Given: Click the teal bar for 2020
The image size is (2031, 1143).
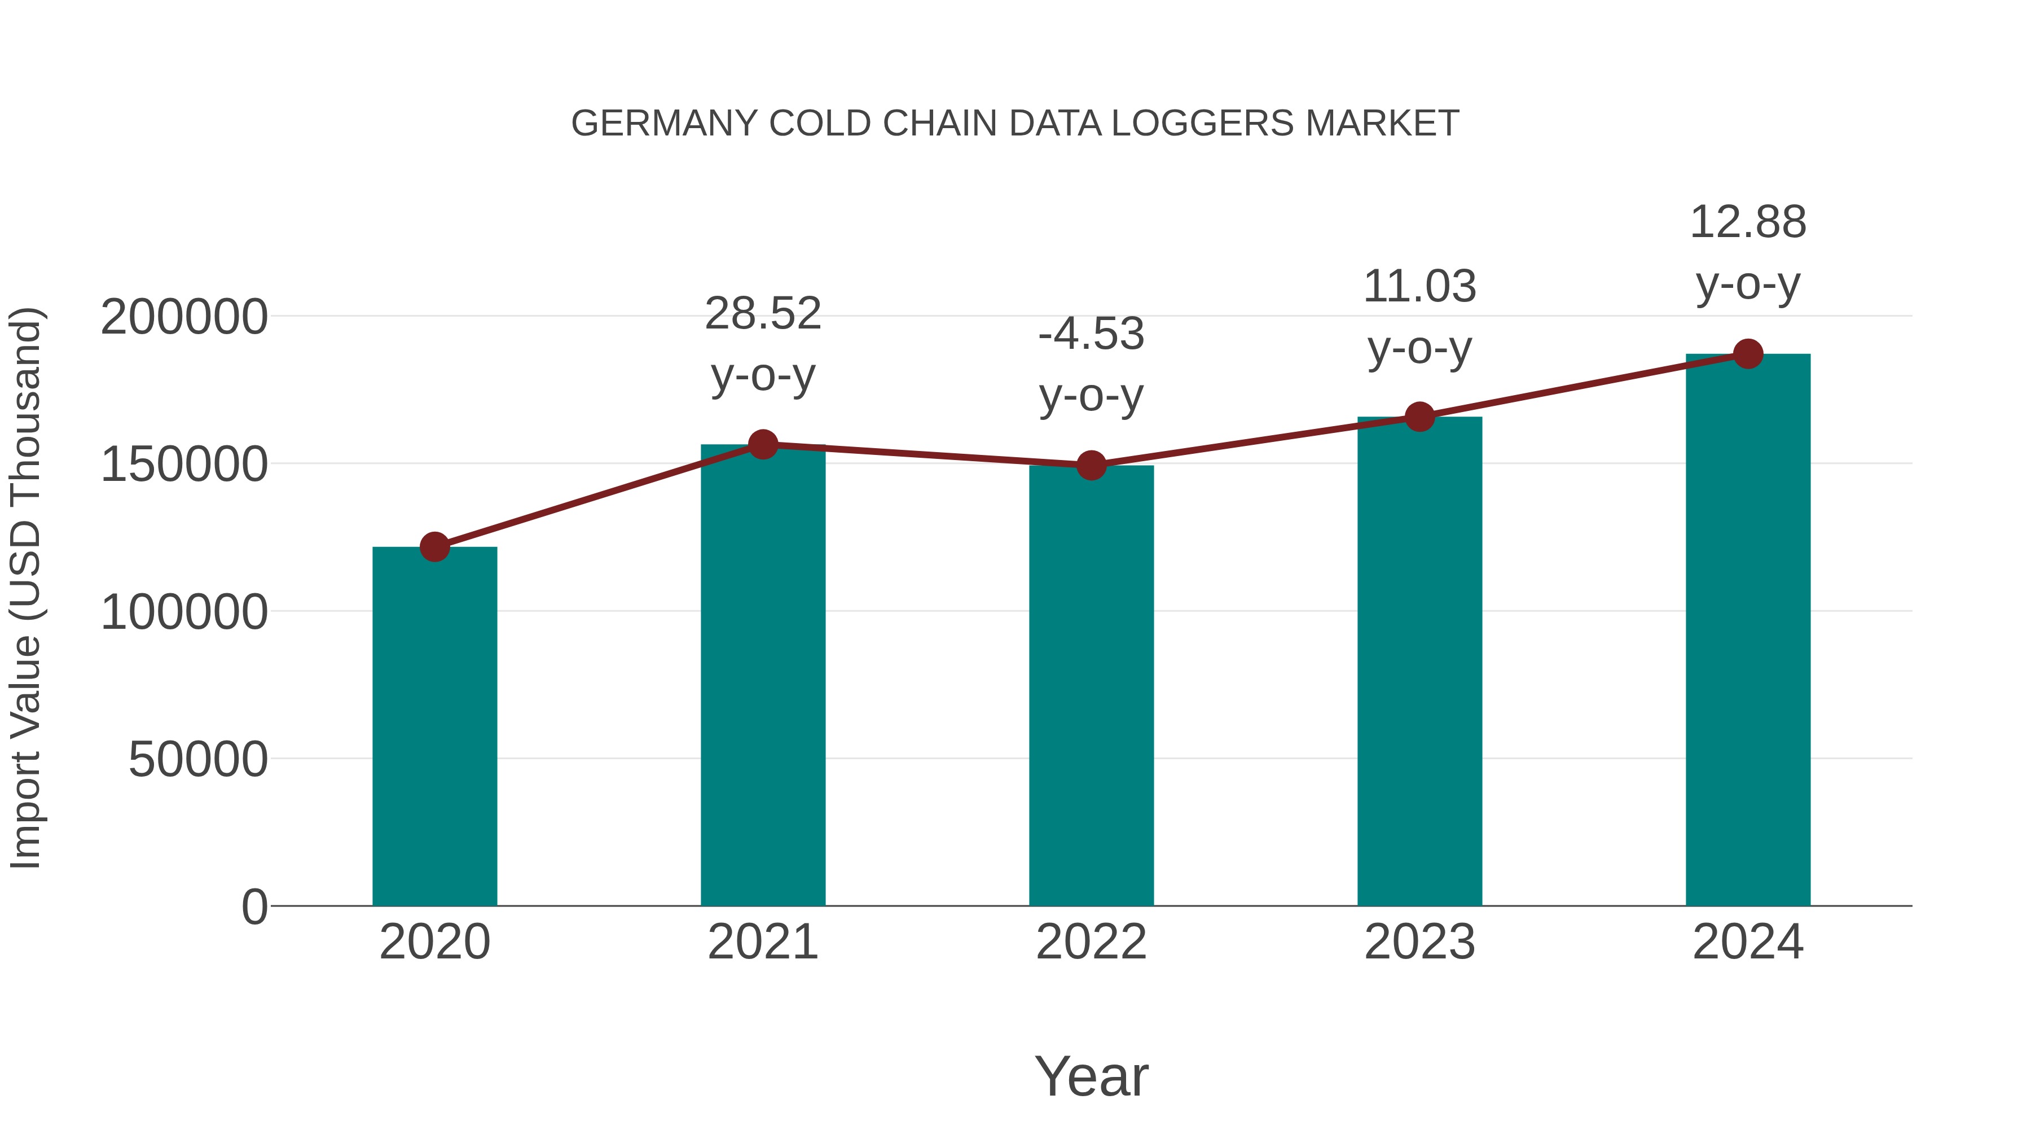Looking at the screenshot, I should click(434, 726).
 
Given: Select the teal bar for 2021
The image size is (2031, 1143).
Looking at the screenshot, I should click(762, 675).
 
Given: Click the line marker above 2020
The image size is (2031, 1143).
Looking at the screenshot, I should click(434, 546).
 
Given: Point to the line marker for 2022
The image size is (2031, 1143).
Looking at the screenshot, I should click(1091, 466).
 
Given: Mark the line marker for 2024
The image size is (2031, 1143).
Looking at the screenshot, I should click(1748, 354).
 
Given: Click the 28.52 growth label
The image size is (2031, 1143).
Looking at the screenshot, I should click(762, 314).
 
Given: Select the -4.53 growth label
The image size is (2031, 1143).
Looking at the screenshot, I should click(1091, 335).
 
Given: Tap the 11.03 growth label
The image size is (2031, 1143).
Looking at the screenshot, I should click(1419, 286).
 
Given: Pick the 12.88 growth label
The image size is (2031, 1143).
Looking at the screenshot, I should click(1748, 222).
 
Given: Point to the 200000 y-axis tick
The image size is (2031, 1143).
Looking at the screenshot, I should click(184, 317).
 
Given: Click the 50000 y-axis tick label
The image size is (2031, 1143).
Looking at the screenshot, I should click(198, 760).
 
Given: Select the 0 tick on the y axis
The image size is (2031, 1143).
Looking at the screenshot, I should click(254, 907).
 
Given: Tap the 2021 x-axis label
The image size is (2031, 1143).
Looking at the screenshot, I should click(762, 942).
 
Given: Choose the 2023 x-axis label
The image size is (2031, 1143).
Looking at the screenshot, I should click(1419, 942).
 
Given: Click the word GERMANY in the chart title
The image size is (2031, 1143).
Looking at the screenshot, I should click(664, 124).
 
